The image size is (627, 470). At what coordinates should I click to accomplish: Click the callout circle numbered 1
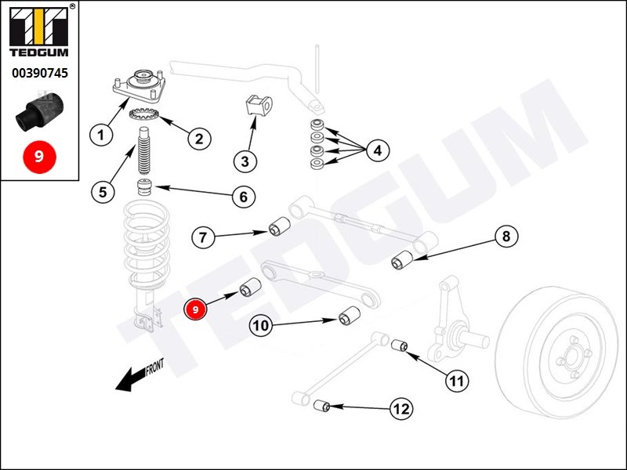pos(101,135)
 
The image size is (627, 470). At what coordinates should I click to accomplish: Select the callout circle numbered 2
pos(199,139)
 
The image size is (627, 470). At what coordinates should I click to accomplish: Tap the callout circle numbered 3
pos(245,161)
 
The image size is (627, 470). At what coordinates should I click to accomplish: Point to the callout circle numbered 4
pos(378,150)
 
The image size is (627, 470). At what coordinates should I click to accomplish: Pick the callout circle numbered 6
pos(244,197)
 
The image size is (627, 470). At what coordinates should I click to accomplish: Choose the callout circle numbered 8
pos(506,237)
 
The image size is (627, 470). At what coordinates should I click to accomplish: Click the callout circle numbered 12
pos(401,409)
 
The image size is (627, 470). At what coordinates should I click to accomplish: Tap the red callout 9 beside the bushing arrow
pos(195,309)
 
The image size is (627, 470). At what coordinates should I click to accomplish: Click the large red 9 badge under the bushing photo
pos(39,157)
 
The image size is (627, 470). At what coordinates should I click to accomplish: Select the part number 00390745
pos(40,73)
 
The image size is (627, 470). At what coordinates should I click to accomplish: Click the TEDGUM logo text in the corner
pos(38,52)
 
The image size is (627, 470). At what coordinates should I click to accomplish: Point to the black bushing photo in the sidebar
pos(40,111)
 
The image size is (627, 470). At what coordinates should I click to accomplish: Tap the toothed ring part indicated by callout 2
pos(144,114)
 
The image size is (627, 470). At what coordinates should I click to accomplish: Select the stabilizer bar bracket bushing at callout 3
pos(258,105)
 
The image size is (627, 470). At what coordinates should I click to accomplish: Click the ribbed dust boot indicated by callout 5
pos(144,150)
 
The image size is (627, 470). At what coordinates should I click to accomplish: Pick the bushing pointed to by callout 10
pos(350,316)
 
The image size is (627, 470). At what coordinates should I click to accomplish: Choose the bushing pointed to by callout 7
pos(279,226)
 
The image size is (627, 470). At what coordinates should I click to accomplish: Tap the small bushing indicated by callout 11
pos(399,345)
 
